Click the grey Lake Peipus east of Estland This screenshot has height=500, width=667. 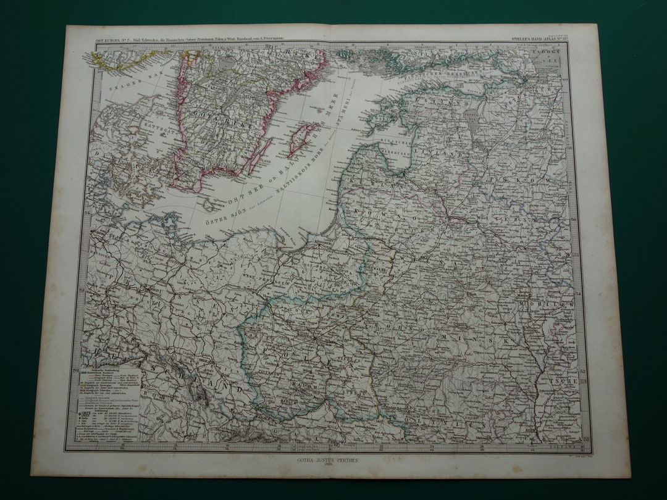[475, 121]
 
